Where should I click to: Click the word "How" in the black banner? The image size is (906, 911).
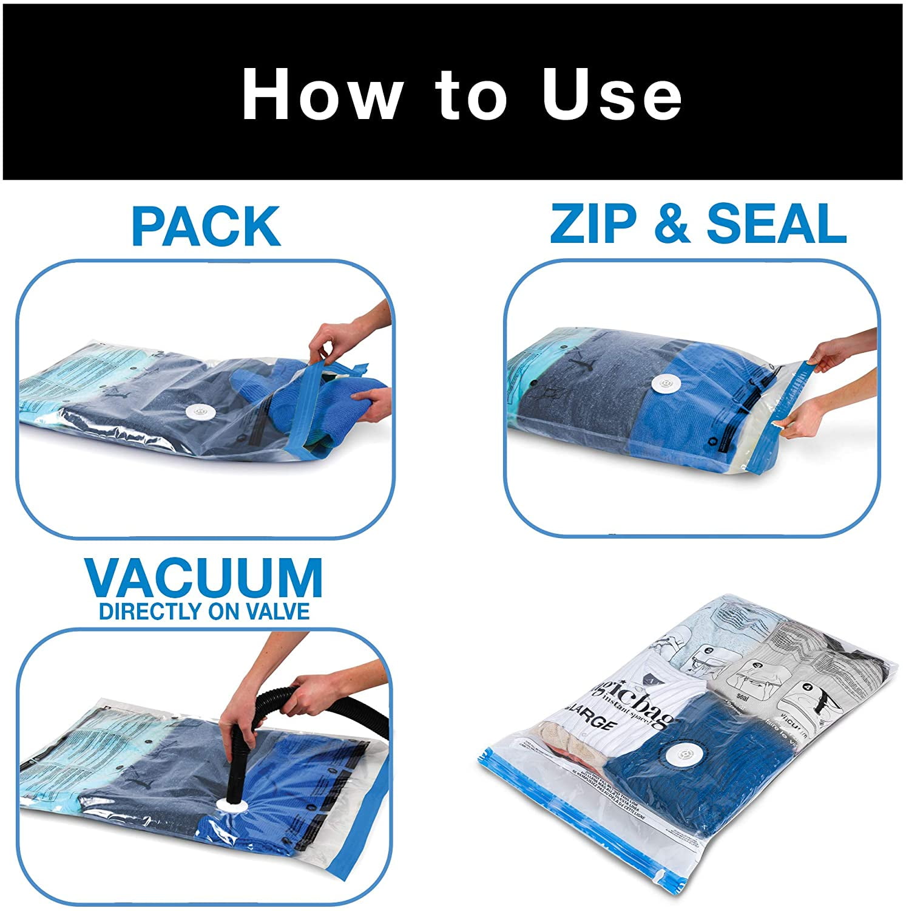click(x=322, y=94)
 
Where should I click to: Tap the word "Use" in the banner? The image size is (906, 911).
click(x=612, y=94)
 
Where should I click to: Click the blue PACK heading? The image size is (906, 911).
click(x=206, y=226)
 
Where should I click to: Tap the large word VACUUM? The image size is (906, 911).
click(x=204, y=578)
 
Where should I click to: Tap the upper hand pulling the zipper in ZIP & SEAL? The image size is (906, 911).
click(x=831, y=355)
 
